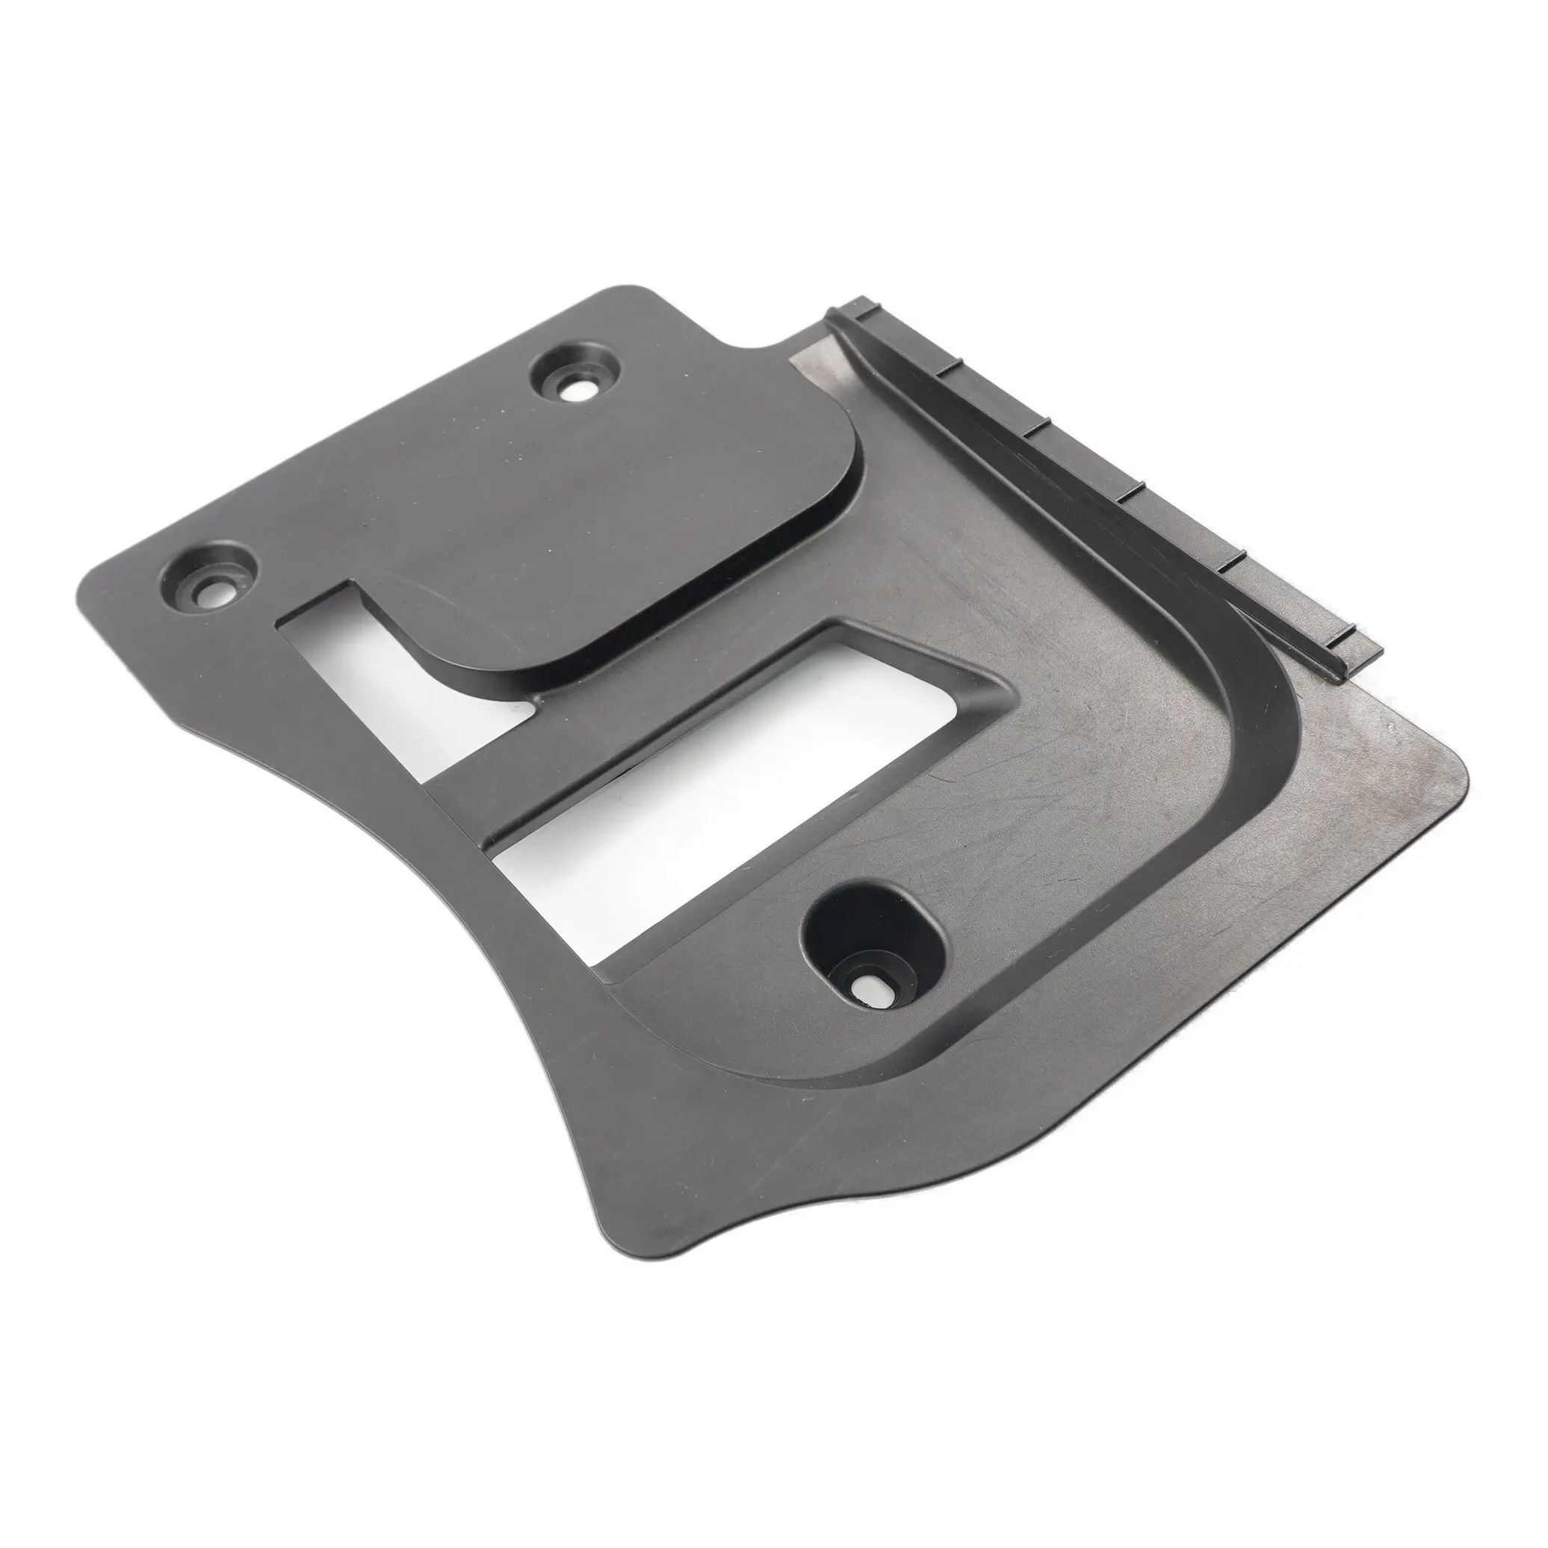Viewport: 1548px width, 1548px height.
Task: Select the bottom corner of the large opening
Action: click(x=613, y=977)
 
